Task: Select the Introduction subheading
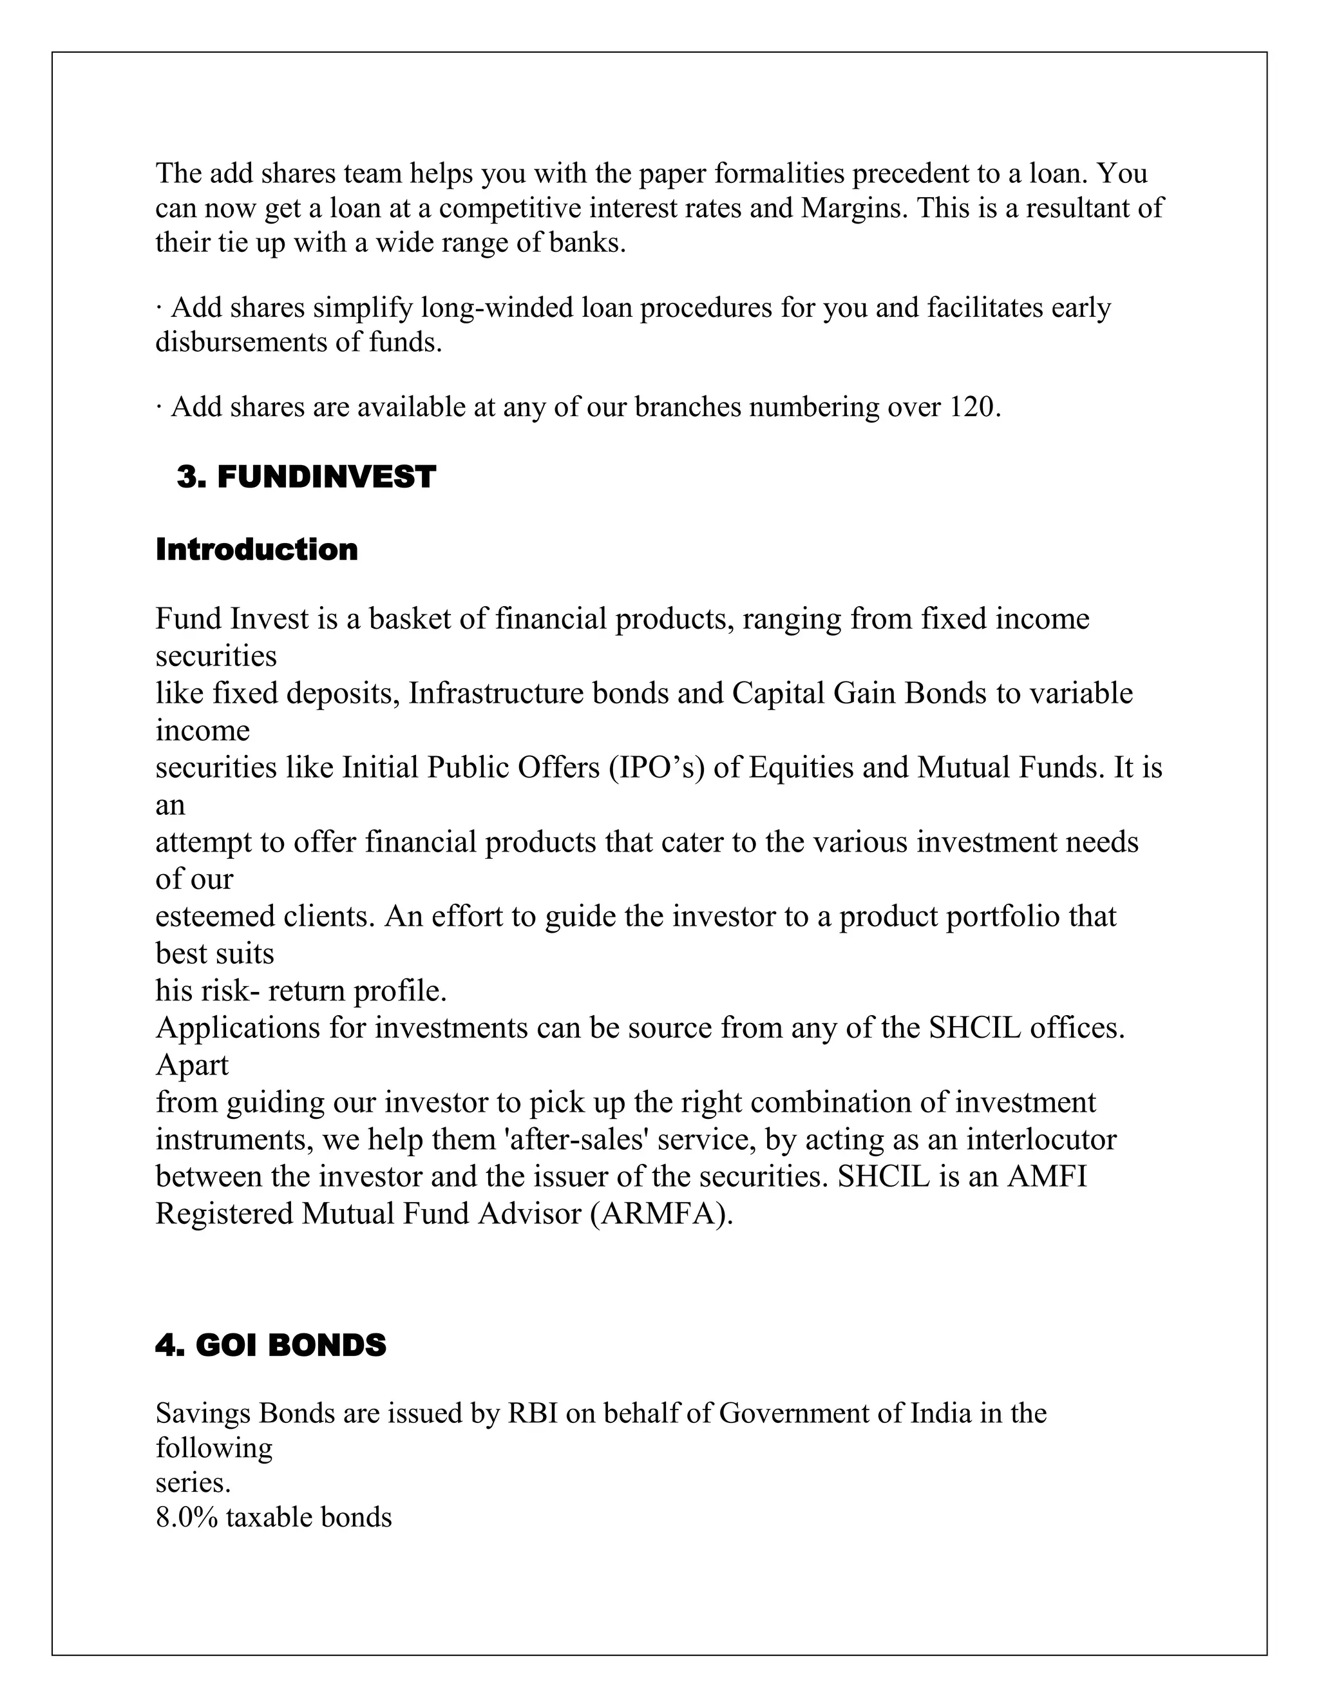tap(256, 549)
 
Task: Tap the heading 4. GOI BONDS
tap(270, 1345)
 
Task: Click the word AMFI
tap(1047, 1176)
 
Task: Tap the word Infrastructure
tap(495, 693)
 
